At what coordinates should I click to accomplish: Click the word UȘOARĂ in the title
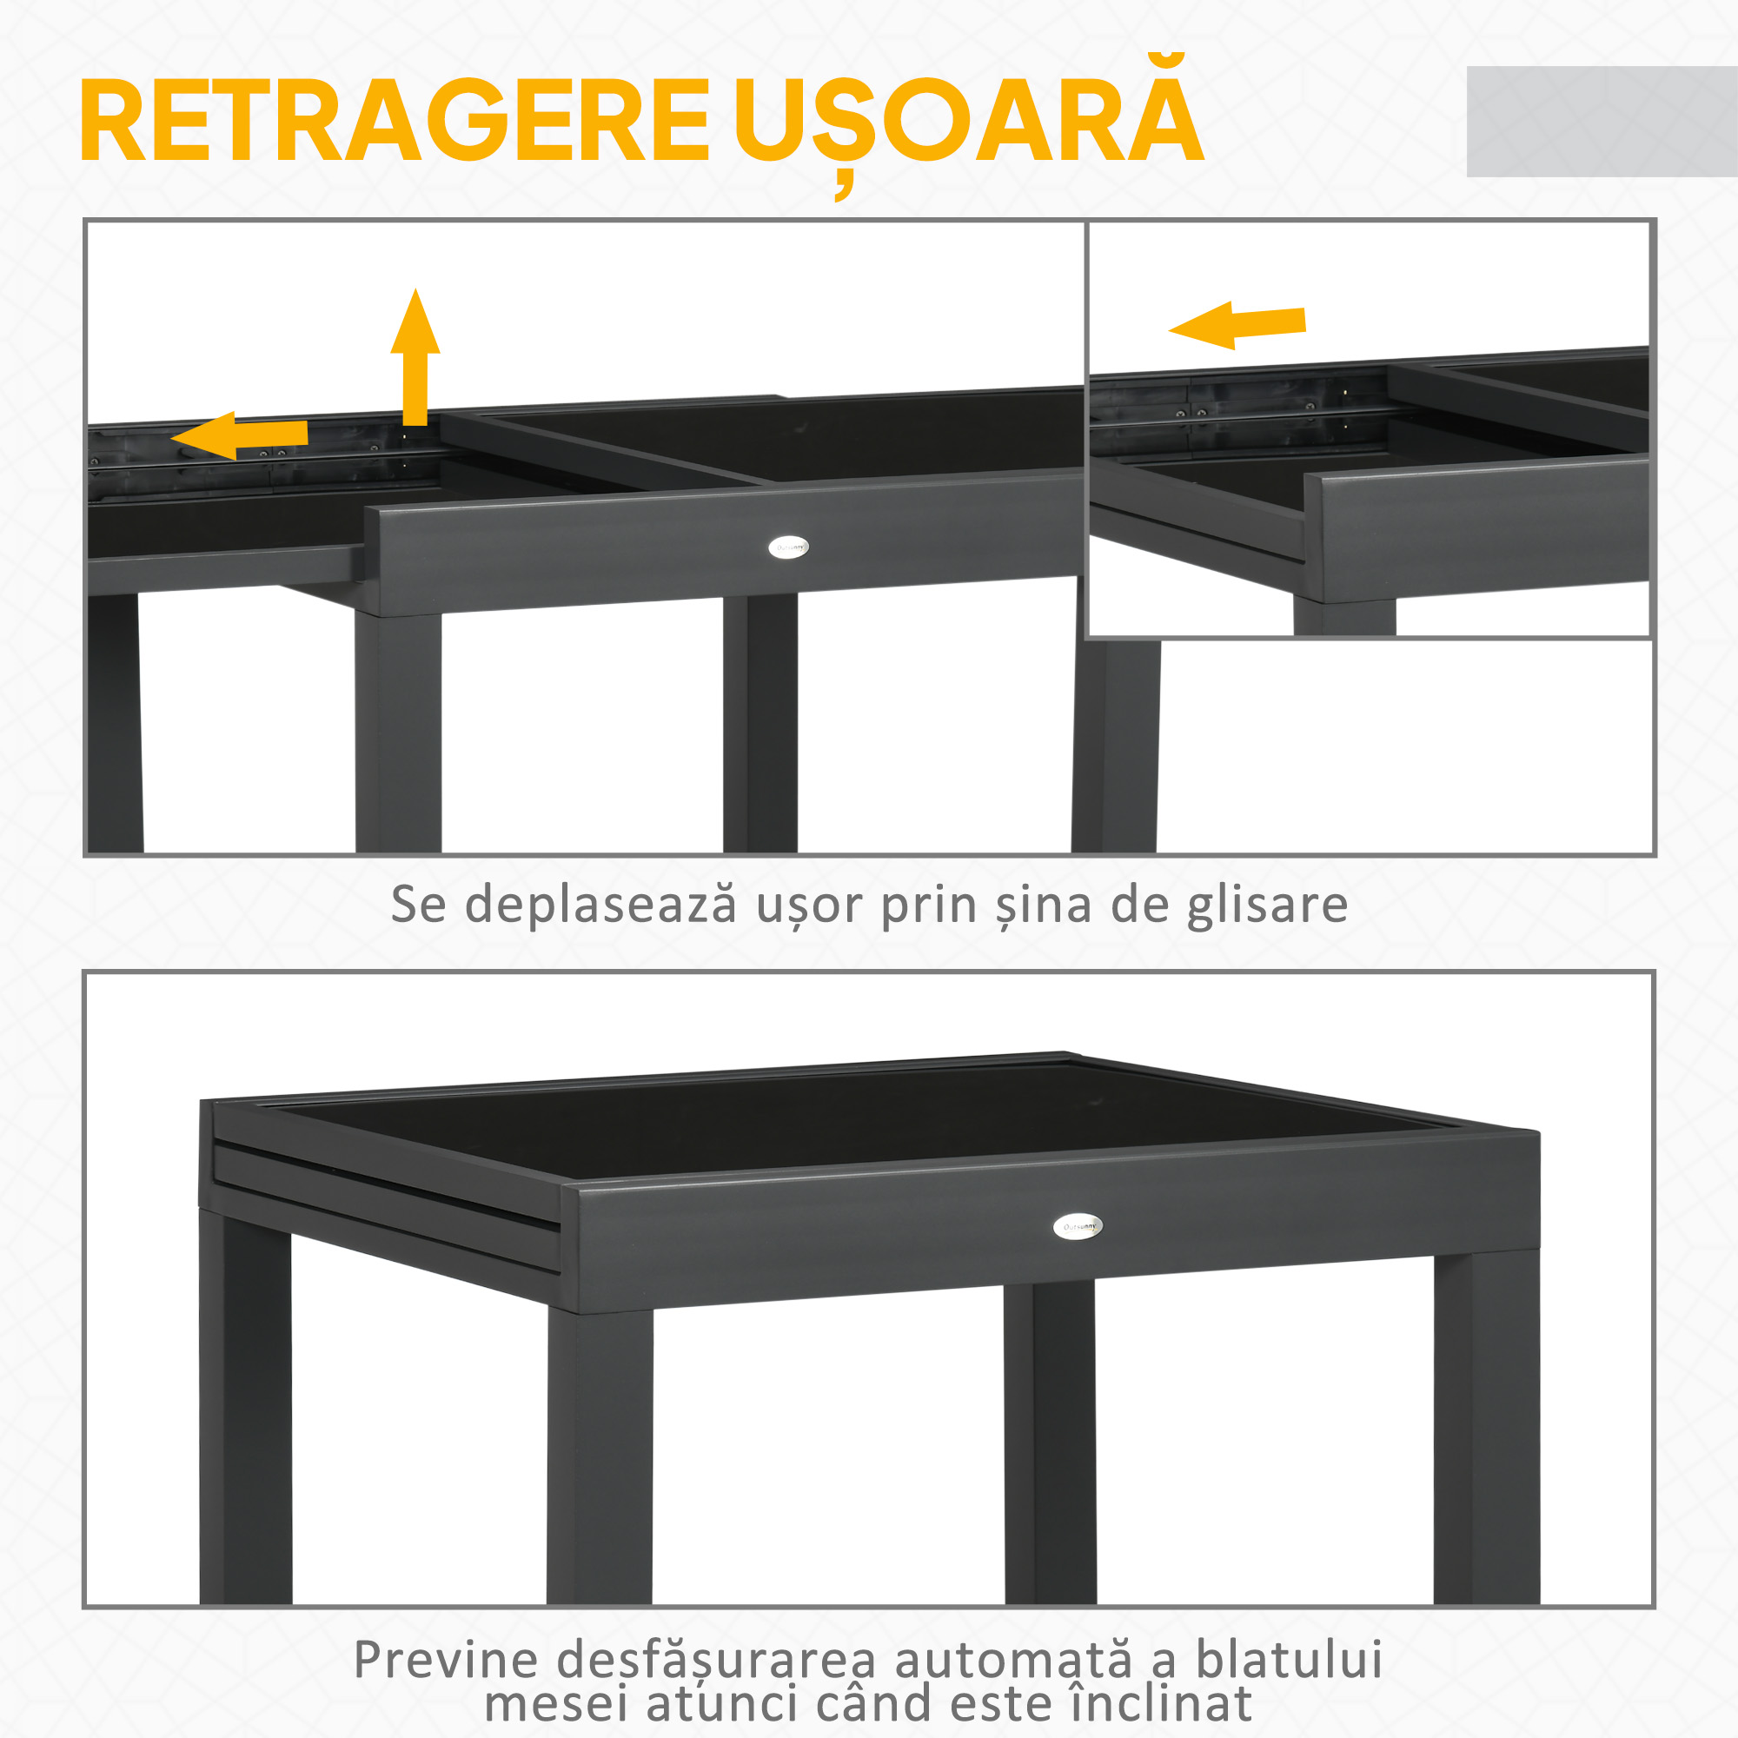pyautogui.click(x=968, y=121)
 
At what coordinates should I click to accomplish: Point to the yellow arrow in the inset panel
pyautogui.click(x=1237, y=325)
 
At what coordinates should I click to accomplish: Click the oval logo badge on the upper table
pyautogui.click(x=789, y=547)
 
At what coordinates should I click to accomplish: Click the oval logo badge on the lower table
pyautogui.click(x=1077, y=1226)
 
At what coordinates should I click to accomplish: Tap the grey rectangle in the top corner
pyautogui.click(x=1602, y=122)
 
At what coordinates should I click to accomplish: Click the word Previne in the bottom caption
pyautogui.click(x=446, y=1660)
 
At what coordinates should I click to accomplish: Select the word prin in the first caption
pyautogui.click(x=927, y=905)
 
